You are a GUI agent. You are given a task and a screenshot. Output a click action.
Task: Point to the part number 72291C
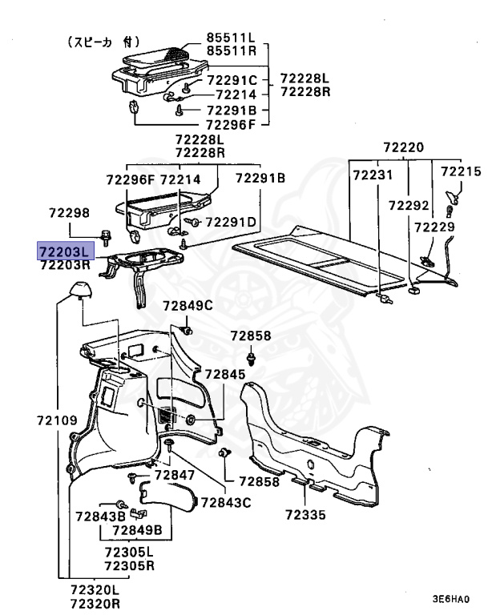pos(232,80)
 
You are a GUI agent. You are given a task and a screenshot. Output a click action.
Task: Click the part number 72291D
pos(231,222)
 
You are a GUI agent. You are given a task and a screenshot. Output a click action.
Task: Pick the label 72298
pos(70,214)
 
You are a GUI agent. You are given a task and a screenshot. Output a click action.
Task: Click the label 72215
pos(461,171)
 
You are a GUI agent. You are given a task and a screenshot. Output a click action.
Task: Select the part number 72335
pos(305,515)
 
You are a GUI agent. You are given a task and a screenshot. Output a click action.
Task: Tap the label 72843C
pos(225,502)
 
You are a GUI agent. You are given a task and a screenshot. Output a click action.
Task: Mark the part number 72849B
pos(137,530)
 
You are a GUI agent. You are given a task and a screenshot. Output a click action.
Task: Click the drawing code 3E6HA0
pos(451,598)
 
